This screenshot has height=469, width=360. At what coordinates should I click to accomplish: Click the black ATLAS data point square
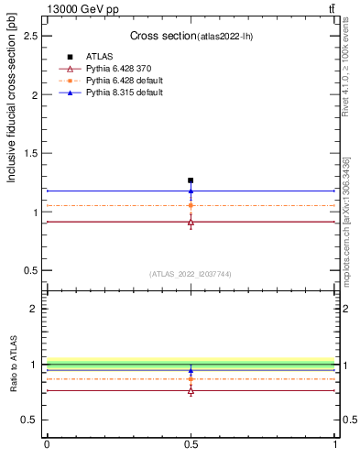[x=191, y=180]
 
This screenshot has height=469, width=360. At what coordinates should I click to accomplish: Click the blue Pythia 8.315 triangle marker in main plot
[x=191, y=191]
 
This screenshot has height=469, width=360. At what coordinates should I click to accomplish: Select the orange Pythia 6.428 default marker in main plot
[x=191, y=206]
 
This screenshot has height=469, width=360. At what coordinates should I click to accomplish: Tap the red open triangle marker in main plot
[x=191, y=222]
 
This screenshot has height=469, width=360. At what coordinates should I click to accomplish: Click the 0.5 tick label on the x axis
[x=191, y=444]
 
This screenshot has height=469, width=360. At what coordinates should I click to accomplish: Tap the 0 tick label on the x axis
[x=47, y=444]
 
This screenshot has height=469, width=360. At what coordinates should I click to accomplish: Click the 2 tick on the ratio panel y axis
[x=37, y=309]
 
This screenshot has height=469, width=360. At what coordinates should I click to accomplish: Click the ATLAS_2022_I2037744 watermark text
[x=191, y=274]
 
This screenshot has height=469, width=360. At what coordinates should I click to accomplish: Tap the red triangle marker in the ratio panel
[x=191, y=391]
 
